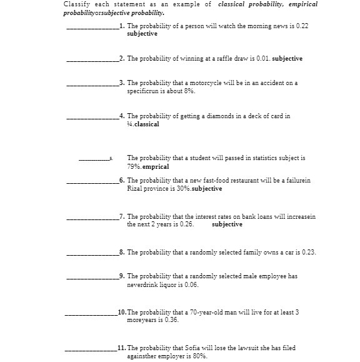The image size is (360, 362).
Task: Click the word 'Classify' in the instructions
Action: point(75,5)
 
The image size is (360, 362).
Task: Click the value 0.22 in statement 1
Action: point(302,28)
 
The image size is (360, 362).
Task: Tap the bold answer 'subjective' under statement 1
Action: point(142,34)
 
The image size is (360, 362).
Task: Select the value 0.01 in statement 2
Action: point(263,59)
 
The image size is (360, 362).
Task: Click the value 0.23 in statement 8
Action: point(307,253)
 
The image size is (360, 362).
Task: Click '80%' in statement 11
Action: point(199,356)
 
